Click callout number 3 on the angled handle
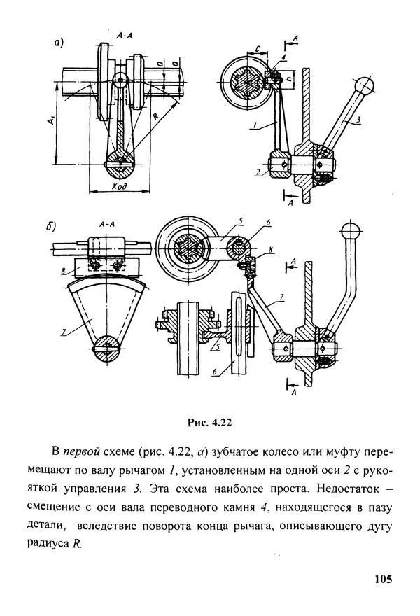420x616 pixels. click(x=357, y=120)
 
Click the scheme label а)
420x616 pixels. click(x=59, y=43)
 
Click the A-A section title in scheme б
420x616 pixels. click(x=107, y=224)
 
